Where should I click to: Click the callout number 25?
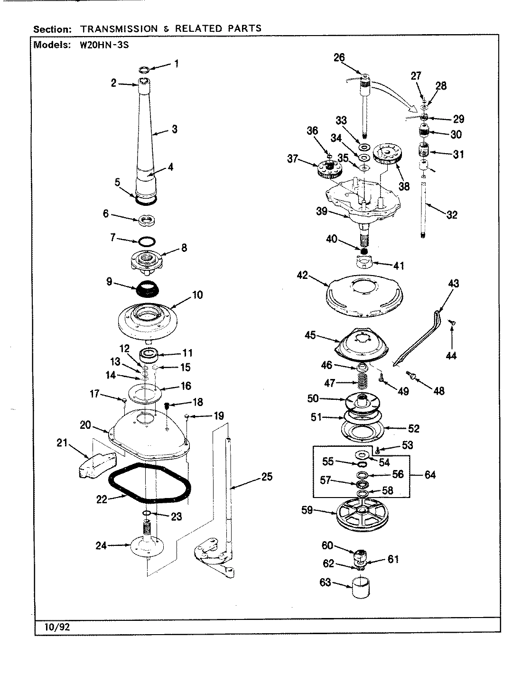click(267, 477)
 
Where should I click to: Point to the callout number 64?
click(429, 475)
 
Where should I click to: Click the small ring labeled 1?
click(145, 70)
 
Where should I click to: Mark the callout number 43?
click(453, 284)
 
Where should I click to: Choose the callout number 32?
click(452, 215)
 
